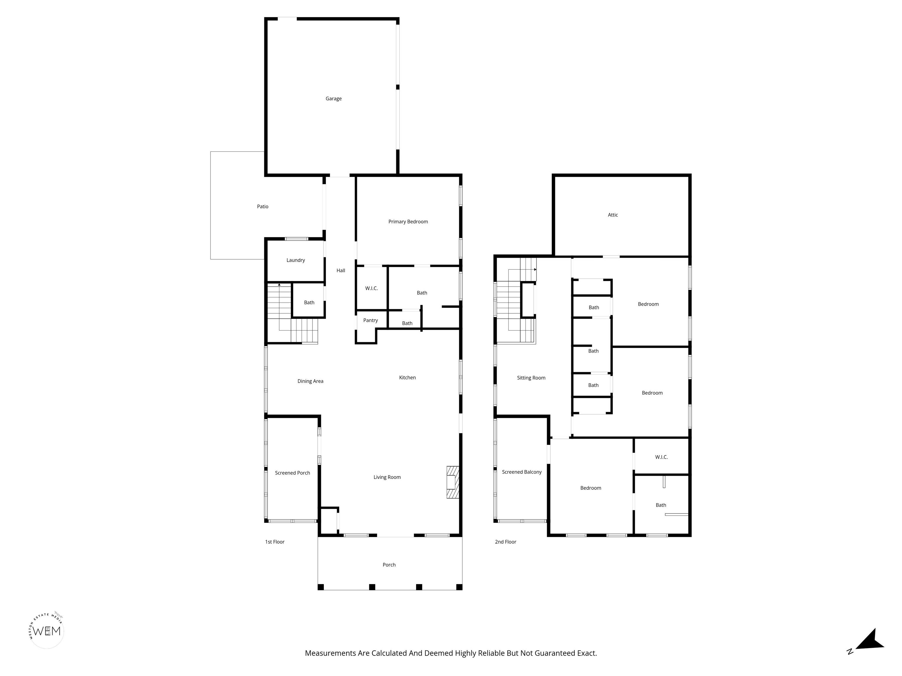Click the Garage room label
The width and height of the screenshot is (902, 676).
coord(334,99)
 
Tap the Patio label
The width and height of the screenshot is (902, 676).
coord(262,207)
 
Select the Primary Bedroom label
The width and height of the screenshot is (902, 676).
coord(408,222)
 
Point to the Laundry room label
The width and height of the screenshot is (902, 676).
coord(296,260)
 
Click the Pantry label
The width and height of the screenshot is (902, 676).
coord(371,320)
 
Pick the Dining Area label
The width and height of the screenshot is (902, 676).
coord(310,381)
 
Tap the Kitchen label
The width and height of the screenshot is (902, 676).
coord(407,378)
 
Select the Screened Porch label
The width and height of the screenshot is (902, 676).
coord(292,473)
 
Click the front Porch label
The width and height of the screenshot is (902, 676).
coord(389,565)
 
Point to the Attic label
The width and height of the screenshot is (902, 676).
coord(613,215)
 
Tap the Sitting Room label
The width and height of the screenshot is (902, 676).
coord(531,378)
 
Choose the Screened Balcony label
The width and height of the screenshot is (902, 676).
coord(521,472)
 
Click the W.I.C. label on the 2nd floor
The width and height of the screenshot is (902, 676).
coord(662,457)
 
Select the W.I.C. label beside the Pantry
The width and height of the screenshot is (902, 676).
coord(371,288)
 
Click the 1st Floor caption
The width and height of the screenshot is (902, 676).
coord(275,542)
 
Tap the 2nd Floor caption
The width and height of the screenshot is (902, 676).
coord(506,542)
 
